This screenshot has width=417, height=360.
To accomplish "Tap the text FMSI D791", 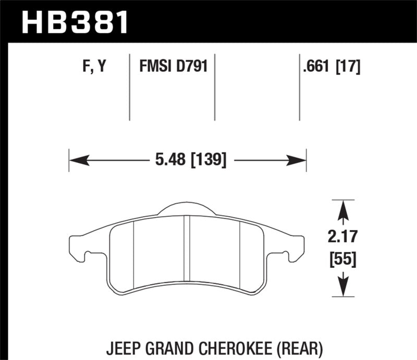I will point(173,67).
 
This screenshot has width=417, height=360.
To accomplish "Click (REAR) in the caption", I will point(297,346).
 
